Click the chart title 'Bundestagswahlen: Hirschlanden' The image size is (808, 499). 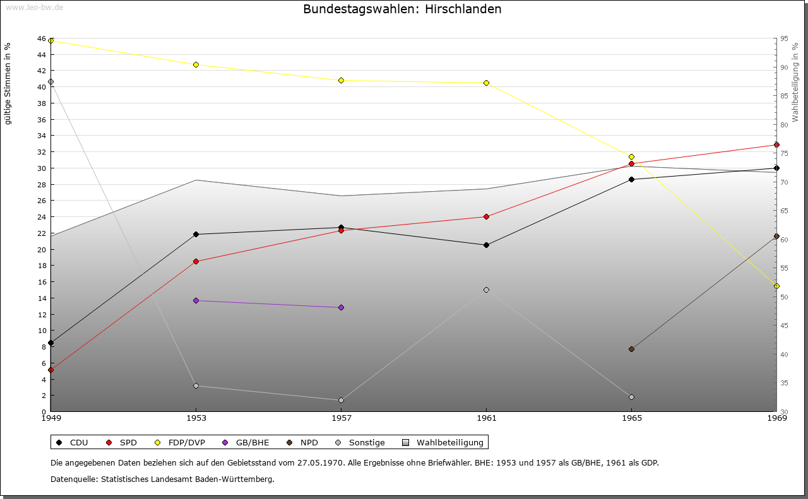pos(402,9)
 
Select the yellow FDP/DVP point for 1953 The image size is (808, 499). pos(196,64)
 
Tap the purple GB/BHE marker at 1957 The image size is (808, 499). pos(342,307)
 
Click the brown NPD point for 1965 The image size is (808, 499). pos(631,349)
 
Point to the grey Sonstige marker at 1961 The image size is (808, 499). pos(486,290)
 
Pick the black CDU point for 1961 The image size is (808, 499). pos(486,245)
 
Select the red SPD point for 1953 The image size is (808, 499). pos(196,261)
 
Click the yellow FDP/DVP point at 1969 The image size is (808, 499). pos(776,286)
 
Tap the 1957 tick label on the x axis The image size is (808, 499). pos(342,418)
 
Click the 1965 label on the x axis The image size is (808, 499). pos(631,418)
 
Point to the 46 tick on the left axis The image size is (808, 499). pos(41,38)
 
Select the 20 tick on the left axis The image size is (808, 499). pos(41,249)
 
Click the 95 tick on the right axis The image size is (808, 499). pos(783,38)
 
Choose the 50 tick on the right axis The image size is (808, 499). pos(783,297)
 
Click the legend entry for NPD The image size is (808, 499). pos(309,442)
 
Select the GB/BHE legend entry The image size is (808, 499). pos(251,442)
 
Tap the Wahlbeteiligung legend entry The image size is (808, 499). pos(449,442)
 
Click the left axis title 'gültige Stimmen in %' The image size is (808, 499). pos(8,83)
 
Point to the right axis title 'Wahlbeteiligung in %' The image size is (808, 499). pos(795,82)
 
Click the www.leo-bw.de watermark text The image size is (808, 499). pos(34,7)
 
